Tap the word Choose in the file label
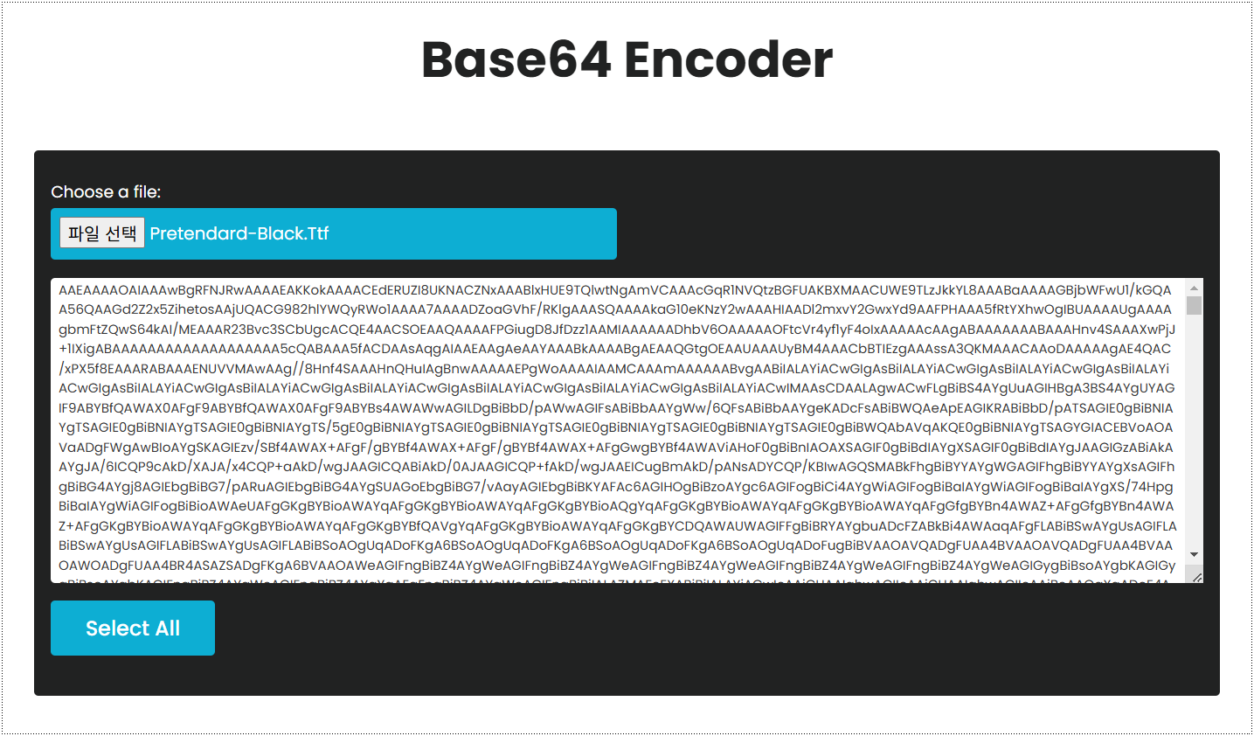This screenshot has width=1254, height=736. pos(82,192)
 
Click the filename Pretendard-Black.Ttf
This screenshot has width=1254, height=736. pos(239,233)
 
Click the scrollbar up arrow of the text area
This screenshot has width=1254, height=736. pos(1194,288)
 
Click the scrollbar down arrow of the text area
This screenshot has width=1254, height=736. pos(1194,554)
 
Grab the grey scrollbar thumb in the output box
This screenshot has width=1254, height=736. pos(1194,305)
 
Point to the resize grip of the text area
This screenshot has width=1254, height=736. pos(1197,577)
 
